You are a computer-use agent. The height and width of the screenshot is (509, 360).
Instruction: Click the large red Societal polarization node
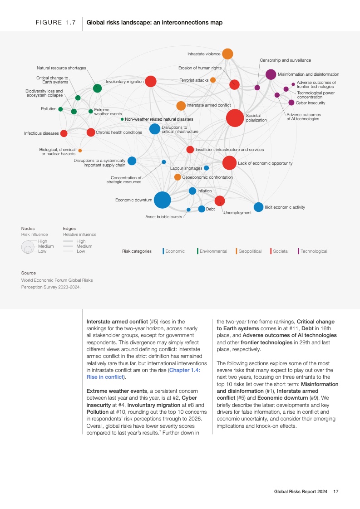point(235,118)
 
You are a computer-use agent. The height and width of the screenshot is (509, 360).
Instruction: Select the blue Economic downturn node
point(162,200)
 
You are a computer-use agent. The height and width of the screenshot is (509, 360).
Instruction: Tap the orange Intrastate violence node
point(227,54)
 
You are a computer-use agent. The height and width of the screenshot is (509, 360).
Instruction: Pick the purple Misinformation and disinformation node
point(271,74)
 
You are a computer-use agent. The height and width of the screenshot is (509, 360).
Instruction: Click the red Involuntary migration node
point(151,82)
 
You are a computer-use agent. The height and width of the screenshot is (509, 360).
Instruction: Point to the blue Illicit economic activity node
point(258,207)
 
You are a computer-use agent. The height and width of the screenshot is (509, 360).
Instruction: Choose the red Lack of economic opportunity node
point(229,163)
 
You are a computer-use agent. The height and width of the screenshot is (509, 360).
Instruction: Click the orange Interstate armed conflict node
point(181,106)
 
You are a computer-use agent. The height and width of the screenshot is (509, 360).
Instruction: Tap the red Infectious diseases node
point(64,133)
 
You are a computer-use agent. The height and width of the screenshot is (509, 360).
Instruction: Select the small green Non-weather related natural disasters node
point(122,119)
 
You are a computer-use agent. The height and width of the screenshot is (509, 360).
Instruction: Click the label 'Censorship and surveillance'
point(285,60)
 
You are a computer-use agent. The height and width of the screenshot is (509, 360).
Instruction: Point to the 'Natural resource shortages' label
point(61,68)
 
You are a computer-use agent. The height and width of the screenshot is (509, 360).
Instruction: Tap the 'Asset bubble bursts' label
point(163,217)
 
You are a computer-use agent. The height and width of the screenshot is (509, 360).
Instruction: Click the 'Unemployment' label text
point(237,213)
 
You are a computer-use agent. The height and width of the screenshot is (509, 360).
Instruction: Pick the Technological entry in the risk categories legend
point(314,251)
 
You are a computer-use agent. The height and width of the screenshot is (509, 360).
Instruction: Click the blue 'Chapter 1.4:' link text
point(188,370)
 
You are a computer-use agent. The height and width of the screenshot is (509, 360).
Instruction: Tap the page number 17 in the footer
point(336,491)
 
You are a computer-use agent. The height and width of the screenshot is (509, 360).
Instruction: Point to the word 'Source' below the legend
point(29,273)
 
